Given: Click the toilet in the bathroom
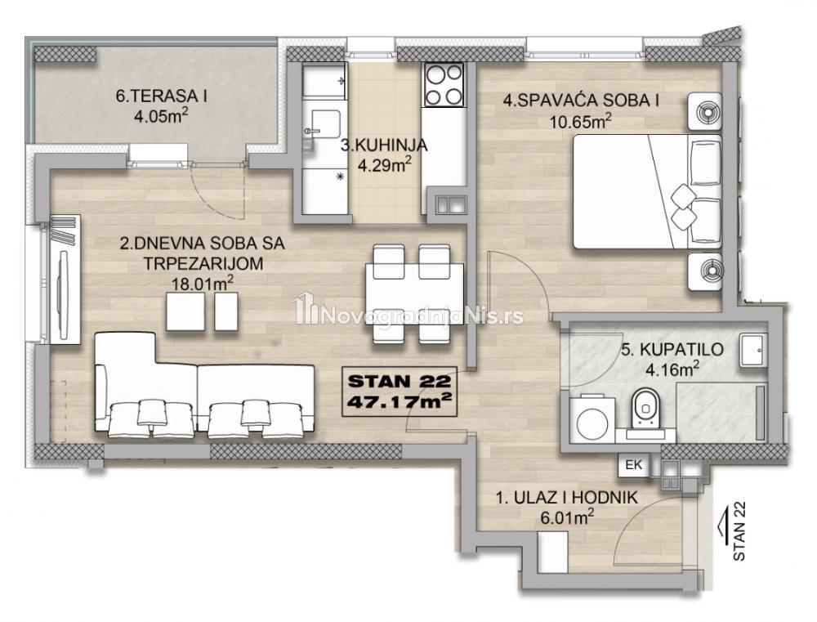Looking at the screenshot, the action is [x=645, y=409].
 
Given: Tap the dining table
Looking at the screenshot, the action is [x=415, y=293].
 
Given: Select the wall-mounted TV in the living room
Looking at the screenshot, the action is [x=64, y=295].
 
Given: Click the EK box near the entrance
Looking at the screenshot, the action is [x=634, y=464].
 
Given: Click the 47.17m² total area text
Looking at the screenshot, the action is [x=400, y=402].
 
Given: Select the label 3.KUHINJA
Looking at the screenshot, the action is [x=384, y=145].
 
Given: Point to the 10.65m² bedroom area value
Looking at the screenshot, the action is [x=580, y=122].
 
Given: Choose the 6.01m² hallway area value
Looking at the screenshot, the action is [x=566, y=517].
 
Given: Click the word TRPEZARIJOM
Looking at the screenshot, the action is [x=203, y=263].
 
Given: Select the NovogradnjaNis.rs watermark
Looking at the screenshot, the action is [x=409, y=314].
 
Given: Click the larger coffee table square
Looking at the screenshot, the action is [x=185, y=311].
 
